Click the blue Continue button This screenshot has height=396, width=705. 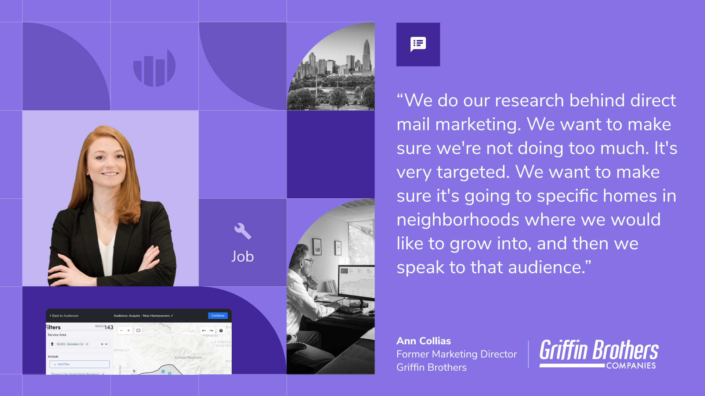(x=218, y=316)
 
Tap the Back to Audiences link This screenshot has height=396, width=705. (x=64, y=316)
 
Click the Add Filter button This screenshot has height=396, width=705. (x=79, y=364)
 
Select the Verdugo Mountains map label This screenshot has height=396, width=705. (x=188, y=357)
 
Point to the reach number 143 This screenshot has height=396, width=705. (x=109, y=327)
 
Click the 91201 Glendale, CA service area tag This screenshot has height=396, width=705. (x=70, y=344)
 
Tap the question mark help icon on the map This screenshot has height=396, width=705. (x=221, y=331)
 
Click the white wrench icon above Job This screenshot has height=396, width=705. (x=243, y=231)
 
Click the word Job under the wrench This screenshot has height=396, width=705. (x=242, y=257)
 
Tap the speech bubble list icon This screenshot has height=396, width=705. (x=418, y=44)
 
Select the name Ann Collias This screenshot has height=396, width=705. (x=423, y=341)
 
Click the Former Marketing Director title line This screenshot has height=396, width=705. (x=456, y=354)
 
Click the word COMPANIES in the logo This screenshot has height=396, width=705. (x=631, y=366)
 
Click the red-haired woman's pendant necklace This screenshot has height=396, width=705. (x=108, y=221)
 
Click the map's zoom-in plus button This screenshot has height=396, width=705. (x=129, y=331)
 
